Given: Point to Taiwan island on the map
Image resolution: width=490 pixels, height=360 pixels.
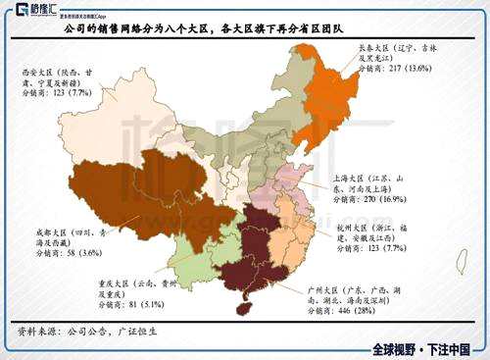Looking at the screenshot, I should coord(461,261).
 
